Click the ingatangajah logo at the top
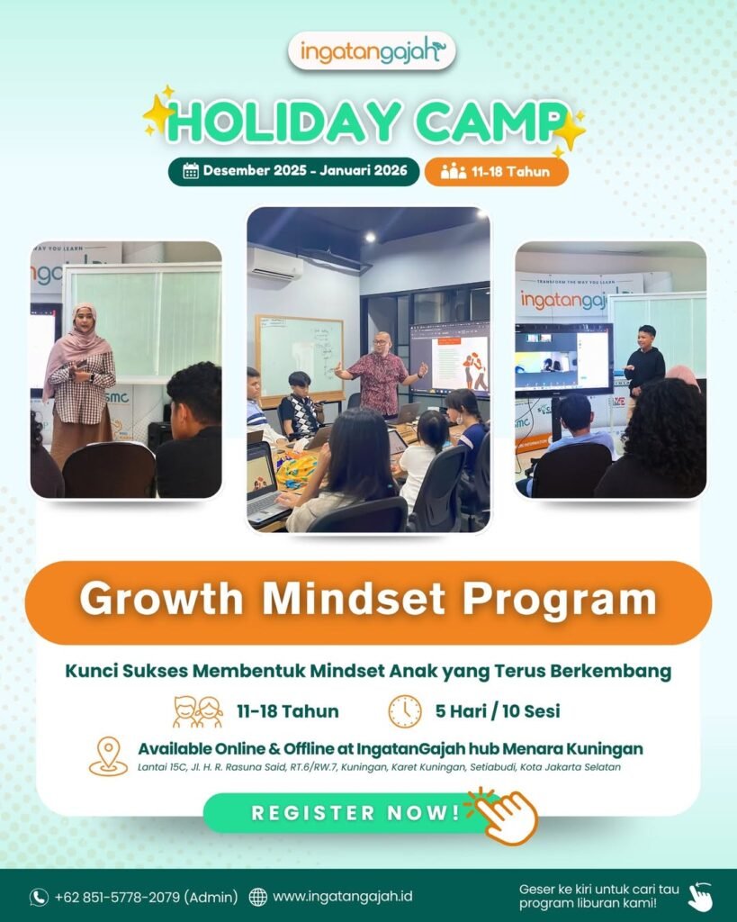tap(372, 51)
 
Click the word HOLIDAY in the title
tap(284, 122)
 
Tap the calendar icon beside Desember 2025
tap(191, 171)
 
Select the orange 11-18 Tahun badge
tap(496, 172)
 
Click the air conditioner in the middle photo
tap(275, 264)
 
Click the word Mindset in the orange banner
tap(354, 600)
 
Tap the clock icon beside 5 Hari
tap(405, 711)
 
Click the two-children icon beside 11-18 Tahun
tap(198, 711)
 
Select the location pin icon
tap(108, 756)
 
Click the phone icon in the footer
tap(39, 897)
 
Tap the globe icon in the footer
tap(257, 897)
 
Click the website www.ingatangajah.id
tap(343, 897)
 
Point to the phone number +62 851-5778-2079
tap(117, 897)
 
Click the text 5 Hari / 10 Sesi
tap(498, 711)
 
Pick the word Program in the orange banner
tap(559, 601)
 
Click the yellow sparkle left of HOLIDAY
tap(157, 113)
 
